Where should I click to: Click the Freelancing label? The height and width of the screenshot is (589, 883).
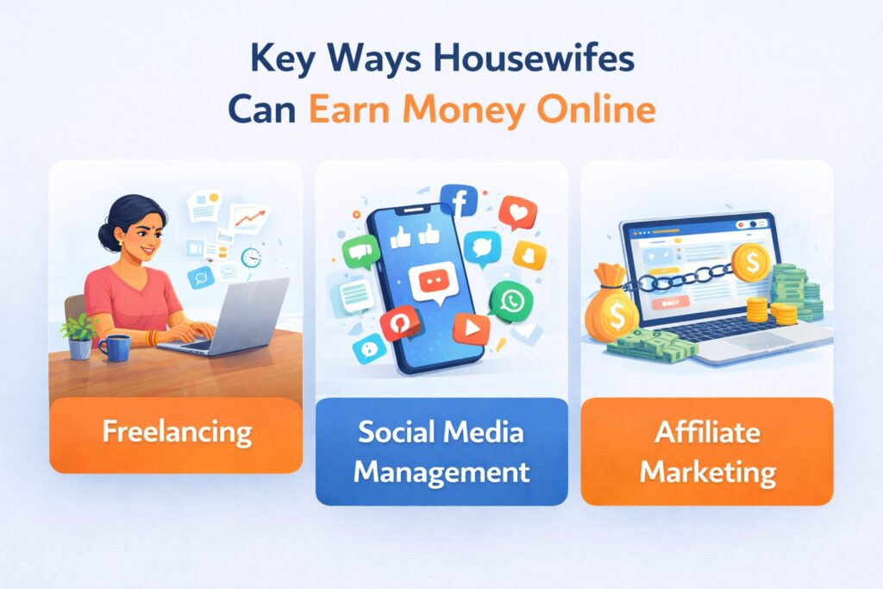click(x=177, y=430)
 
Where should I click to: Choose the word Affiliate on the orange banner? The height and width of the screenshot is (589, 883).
click(x=707, y=432)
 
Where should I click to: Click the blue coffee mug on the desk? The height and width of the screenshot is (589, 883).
click(x=114, y=348)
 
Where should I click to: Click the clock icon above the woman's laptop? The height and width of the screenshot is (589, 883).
click(x=251, y=257)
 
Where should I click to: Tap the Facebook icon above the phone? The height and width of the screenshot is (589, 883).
click(x=459, y=201)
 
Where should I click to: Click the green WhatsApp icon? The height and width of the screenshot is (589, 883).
click(x=510, y=301)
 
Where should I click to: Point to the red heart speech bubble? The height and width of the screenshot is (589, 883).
click(x=517, y=212)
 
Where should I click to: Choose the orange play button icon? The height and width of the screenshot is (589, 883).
click(x=470, y=327)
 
